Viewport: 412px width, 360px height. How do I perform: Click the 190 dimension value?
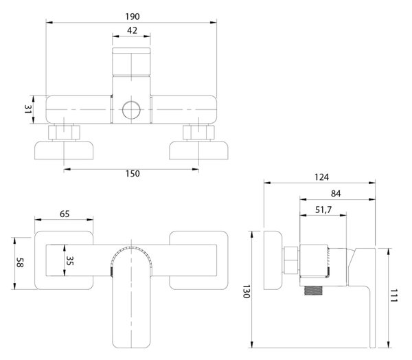(132, 16)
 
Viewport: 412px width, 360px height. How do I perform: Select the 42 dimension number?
(132, 31)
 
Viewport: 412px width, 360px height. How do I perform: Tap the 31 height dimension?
(28, 109)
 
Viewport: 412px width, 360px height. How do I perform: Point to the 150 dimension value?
(133, 174)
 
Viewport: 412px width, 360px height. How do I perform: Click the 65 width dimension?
(65, 214)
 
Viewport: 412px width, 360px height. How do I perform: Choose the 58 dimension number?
(20, 262)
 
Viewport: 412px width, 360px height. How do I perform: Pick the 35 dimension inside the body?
(69, 260)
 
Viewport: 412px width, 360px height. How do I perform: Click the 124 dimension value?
(321, 177)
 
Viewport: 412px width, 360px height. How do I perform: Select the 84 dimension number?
(336, 194)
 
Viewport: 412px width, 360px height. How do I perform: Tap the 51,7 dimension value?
(323, 210)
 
